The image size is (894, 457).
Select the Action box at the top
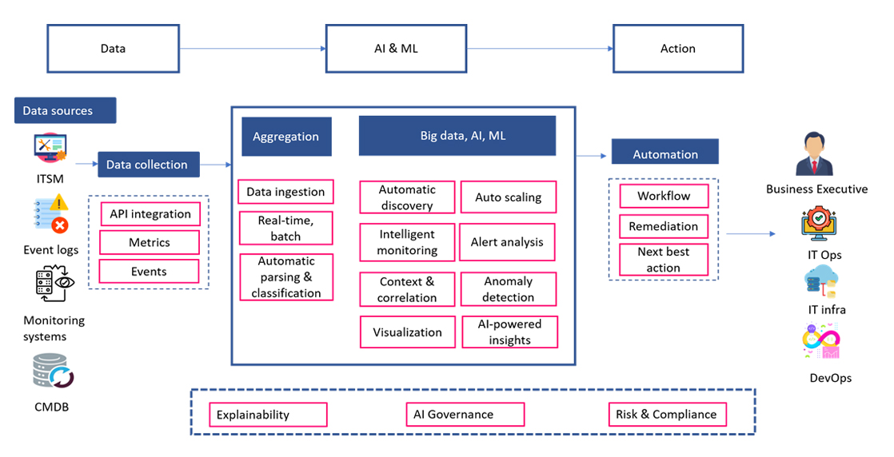(677, 49)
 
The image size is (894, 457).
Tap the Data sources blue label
(65, 111)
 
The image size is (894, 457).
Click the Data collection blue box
(148, 165)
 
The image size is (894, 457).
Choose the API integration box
(150, 214)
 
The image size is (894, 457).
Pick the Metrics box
(150, 242)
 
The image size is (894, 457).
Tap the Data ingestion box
(285, 192)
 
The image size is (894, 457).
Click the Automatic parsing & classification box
(286, 277)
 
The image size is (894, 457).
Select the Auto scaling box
(508, 197)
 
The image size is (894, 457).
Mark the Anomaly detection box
(508, 289)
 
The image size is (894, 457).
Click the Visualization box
(407, 332)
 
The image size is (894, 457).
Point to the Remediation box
(663, 226)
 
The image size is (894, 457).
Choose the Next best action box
(663, 260)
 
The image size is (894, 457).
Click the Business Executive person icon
(816, 155)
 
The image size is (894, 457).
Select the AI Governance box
(464, 415)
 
